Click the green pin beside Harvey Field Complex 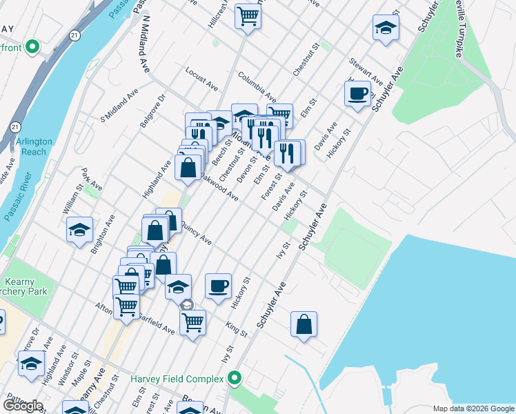click(x=235, y=379)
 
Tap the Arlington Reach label click(x=34, y=146)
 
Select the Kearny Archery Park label click(x=23, y=286)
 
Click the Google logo click(x=23, y=406)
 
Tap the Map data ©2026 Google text click(x=473, y=408)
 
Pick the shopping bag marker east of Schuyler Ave click(x=304, y=324)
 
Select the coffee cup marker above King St click(x=218, y=286)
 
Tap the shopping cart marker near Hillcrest click(x=248, y=15)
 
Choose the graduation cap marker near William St click(x=80, y=229)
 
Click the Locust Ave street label click(x=201, y=76)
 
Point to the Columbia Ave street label click(x=257, y=86)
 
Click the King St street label click(x=236, y=329)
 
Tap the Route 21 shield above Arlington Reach click(x=15, y=126)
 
